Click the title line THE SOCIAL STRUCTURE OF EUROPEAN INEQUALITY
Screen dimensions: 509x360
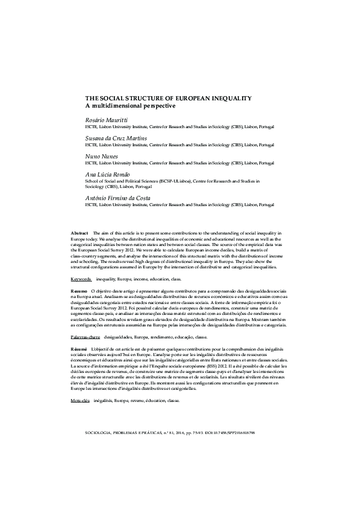click(x=168, y=98)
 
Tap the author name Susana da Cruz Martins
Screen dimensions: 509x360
click(x=116, y=138)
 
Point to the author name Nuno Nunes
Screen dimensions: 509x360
click(x=102, y=156)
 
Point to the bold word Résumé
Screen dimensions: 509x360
click(x=79, y=350)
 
